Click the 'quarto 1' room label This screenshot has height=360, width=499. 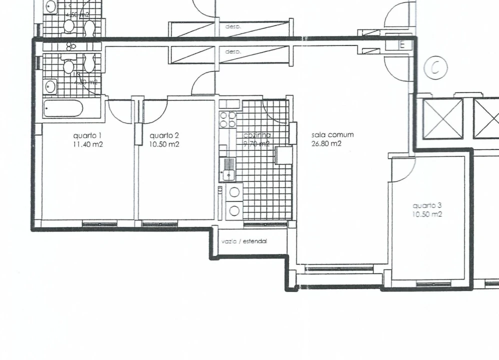[87, 135]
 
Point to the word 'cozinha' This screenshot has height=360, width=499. [257, 135]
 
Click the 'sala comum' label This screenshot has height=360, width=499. [332, 134]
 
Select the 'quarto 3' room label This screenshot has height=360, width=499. [427, 205]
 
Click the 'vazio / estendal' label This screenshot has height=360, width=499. [244, 241]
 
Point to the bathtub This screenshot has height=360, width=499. [63, 108]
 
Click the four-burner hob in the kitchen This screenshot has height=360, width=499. [228, 119]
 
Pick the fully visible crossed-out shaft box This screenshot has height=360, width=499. [443, 118]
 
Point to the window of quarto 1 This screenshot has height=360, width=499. [99, 223]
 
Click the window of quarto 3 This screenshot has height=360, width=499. [433, 284]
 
